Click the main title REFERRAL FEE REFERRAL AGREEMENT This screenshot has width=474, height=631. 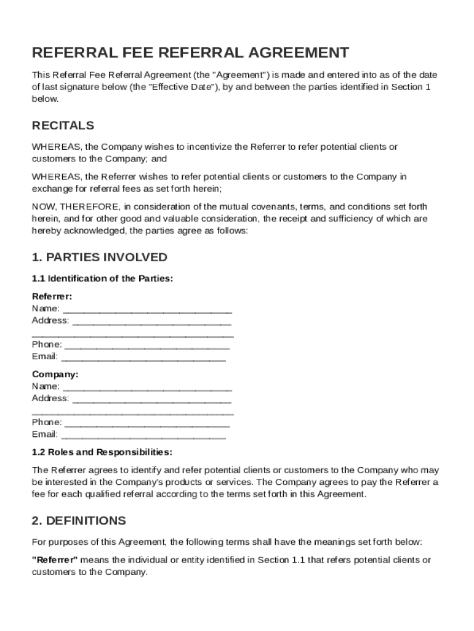190,52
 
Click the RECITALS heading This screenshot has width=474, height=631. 63,126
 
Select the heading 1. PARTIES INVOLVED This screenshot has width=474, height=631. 99,257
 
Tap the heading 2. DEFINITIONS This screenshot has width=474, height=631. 79,521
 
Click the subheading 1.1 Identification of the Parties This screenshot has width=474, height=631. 102,279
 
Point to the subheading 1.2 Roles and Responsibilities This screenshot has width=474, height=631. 102,452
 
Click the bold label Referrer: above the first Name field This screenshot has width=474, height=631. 52,296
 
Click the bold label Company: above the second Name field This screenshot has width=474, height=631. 55,375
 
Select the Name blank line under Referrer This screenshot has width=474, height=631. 147,309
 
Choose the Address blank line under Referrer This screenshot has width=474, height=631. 151,322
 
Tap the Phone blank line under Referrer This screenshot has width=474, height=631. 147,345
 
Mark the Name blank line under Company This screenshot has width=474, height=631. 147,388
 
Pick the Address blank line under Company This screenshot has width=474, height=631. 151,399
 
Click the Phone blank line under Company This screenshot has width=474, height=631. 147,423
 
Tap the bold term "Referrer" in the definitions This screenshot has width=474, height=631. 54,560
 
